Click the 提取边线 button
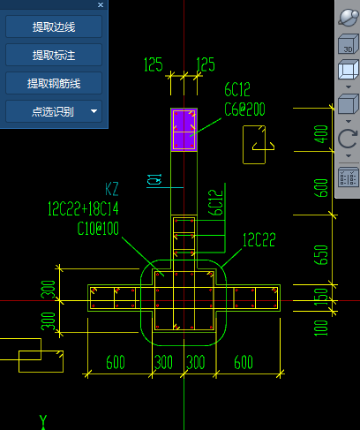click(54, 26)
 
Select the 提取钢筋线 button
click(54, 83)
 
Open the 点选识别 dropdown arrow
click(94, 111)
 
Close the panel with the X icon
click(101, 4)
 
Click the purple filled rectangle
click(184, 130)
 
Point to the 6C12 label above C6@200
click(237, 89)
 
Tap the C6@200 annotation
click(244, 109)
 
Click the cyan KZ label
click(112, 189)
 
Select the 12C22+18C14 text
click(83, 208)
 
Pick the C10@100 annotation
click(98, 229)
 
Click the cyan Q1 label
click(154, 179)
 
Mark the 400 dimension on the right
click(321, 134)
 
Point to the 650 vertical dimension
click(321, 255)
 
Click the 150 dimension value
click(321, 297)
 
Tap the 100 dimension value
click(321, 328)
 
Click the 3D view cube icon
click(348, 44)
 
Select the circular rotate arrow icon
click(348, 139)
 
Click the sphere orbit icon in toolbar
click(349, 18)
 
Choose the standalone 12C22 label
click(259, 240)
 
